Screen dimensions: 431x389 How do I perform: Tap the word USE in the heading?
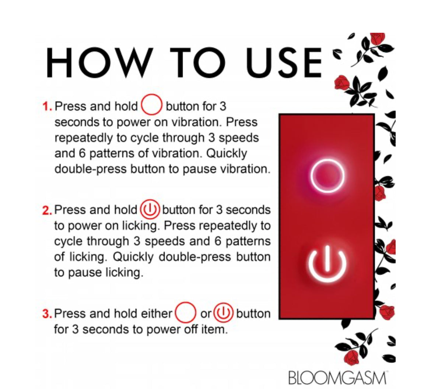pos(284,63)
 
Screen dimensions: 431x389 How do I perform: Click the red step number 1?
pos(47,106)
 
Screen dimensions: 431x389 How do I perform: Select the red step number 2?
pos(47,210)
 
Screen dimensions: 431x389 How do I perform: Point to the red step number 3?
pos(47,314)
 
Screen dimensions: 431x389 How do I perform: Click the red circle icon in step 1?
pos(142,105)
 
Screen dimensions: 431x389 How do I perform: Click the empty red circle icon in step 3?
pos(176,313)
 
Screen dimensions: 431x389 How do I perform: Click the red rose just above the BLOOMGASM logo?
pos(351,358)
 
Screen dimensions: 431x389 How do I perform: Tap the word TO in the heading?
pos(197,63)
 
